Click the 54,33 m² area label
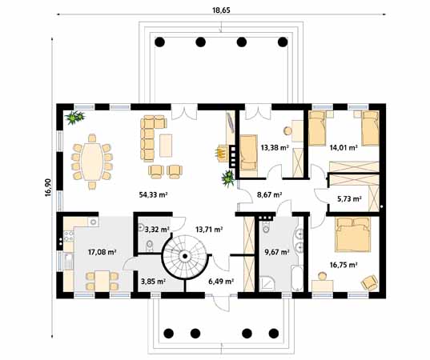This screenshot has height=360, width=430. pos(152,194)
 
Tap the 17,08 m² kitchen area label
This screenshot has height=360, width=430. pos(102,252)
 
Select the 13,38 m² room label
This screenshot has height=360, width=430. pos(275,147)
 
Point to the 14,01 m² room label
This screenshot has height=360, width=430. pos(343,147)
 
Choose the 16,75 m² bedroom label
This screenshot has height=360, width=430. pos(343,264)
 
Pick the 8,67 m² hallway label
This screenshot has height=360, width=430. pos(269,194)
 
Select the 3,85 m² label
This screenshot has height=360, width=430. pos(153,282)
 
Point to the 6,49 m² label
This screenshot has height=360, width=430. pos(221,282)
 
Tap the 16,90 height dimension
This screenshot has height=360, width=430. pos(49,188)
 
